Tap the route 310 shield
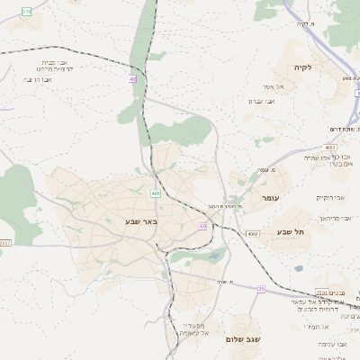(x=26, y=10)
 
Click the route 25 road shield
(x=261, y=289)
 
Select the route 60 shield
(x=202, y=226)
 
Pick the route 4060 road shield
(x=253, y=233)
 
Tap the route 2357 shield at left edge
(x=4, y=242)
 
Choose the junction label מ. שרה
(x=226, y=282)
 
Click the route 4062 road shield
(x=330, y=147)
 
